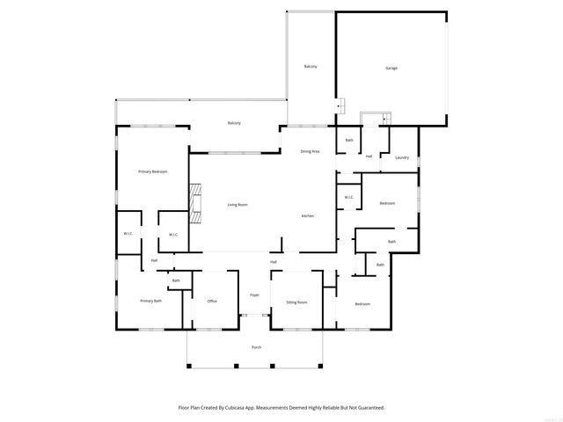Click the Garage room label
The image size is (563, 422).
(x=391, y=68)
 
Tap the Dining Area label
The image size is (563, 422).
(x=310, y=151)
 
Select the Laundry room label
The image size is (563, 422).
(x=402, y=157)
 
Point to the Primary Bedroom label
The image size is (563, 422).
(x=152, y=171)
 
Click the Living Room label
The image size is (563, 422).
(x=238, y=205)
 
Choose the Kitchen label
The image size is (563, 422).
(x=308, y=216)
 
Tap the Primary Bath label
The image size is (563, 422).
(x=151, y=301)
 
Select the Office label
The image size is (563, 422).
(x=212, y=302)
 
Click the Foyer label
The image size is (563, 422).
(x=254, y=295)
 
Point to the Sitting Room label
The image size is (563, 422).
(x=296, y=302)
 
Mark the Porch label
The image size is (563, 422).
(x=256, y=347)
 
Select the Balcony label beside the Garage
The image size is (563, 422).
(x=311, y=67)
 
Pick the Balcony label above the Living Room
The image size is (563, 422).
(x=234, y=123)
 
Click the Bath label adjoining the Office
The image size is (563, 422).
(x=176, y=280)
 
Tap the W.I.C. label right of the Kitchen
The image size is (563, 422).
(x=348, y=197)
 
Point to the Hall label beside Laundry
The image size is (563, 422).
(x=369, y=156)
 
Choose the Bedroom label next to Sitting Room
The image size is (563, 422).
(x=362, y=304)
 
